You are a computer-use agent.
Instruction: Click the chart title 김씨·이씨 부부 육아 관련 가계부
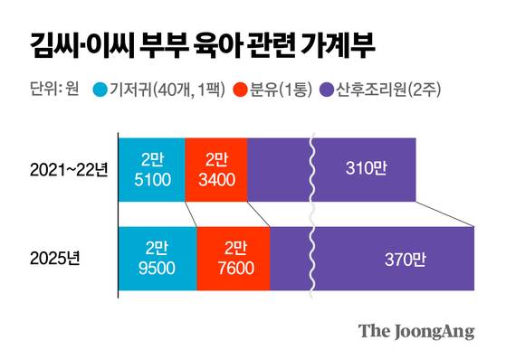pyautogui.click(x=196, y=42)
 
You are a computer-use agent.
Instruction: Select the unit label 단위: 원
pyautogui.click(x=48, y=89)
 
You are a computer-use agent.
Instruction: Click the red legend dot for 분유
pyautogui.click(x=240, y=89)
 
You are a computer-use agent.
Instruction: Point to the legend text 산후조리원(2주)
pyautogui.click(x=387, y=89)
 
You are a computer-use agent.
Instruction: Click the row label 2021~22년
pyautogui.click(x=69, y=169)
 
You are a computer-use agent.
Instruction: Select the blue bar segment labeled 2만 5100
pyautogui.click(x=151, y=169)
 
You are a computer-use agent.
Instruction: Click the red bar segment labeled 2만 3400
pyautogui.click(x=215, y=169)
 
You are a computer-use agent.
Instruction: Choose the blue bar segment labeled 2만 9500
pyautogui.click(x=158, y=258)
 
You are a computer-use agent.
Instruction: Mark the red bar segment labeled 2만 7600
pyautogui.click(x=233, y=258)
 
